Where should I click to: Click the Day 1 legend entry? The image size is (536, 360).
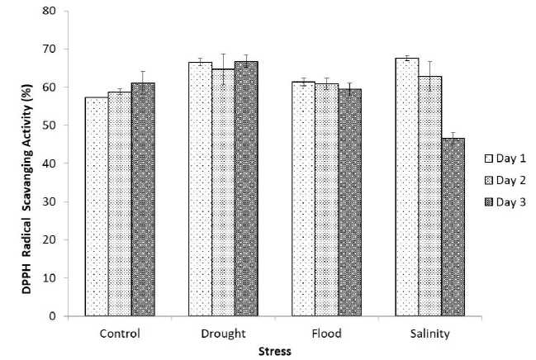[503, 157]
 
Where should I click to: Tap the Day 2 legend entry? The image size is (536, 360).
[503, 179]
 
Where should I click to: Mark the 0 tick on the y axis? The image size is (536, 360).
[53, 316]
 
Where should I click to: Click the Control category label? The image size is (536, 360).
[120, 334]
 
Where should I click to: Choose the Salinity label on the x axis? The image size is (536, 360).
[429, 334]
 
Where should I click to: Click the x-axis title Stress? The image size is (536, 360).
[273, 350]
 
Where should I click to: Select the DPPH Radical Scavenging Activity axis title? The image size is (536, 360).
[13, 163]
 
